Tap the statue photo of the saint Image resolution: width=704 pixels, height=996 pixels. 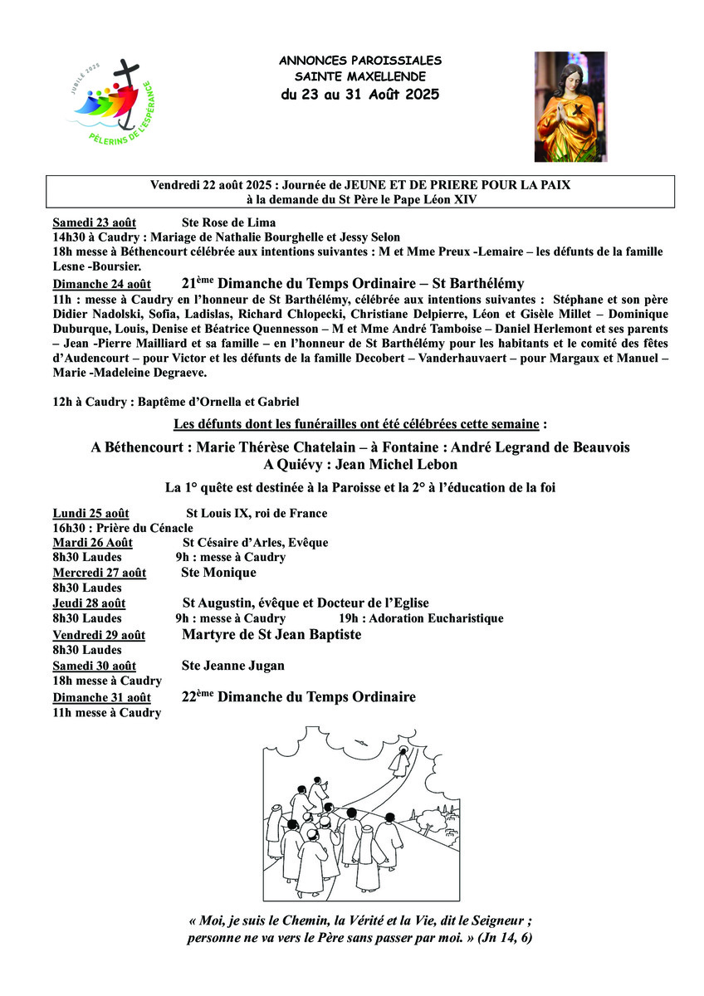(570, 106)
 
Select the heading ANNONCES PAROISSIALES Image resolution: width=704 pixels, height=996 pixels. (360, 61)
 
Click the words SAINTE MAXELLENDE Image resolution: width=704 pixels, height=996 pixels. (360, 76)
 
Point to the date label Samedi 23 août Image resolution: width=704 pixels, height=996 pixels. (94, 222)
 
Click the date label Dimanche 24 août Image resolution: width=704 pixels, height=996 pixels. (101, 284)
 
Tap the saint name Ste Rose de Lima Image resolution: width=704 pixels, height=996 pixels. (228, 222)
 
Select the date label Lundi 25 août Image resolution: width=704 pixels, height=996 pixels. (90, 513)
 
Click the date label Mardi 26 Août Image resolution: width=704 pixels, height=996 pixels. (92, 543)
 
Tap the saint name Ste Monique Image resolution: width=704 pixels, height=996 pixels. (218, 573)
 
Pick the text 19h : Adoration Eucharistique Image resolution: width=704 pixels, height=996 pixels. (420, 618)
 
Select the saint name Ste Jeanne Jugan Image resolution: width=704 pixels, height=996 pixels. (232, 666)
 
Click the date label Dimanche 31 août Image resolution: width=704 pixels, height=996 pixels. (101, 697)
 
